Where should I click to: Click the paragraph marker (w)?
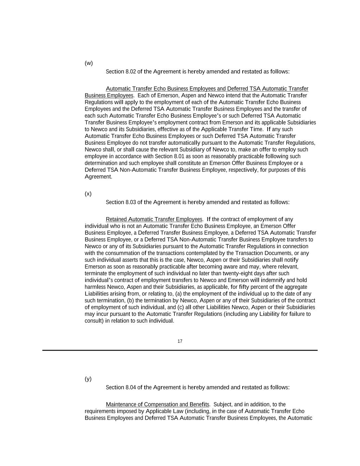pos(89,63)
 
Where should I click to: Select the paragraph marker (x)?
pos(88,194)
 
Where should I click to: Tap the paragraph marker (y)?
pos(88,379)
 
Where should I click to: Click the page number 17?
pos(180,341)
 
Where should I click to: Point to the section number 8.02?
pos(131,72)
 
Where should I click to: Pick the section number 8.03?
pos(131,202)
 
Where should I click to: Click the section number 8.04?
pos(131,387)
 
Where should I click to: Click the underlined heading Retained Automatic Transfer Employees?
pos(154,219)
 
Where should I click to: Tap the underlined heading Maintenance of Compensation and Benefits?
pos(157,405)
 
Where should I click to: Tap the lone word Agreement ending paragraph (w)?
pos(98,177)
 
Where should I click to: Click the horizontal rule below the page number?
pos(180,350)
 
